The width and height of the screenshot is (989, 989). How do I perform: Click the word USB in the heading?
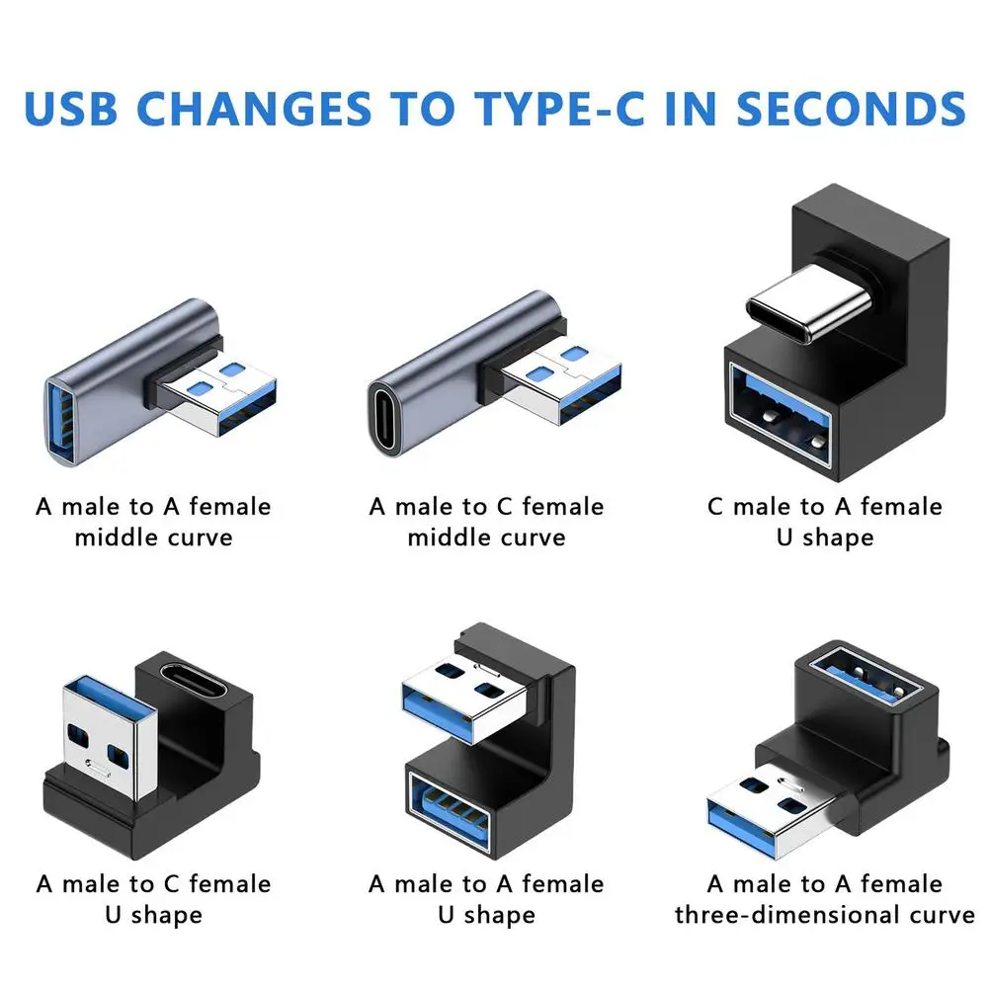coord(80,108)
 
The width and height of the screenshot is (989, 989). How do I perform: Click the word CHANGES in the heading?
coord(258,108)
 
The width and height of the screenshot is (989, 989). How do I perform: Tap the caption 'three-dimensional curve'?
coord(825,915)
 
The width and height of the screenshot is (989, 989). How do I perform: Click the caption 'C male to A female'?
coord(824,507)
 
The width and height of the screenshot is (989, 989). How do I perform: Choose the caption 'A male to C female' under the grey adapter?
coord(487,507)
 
